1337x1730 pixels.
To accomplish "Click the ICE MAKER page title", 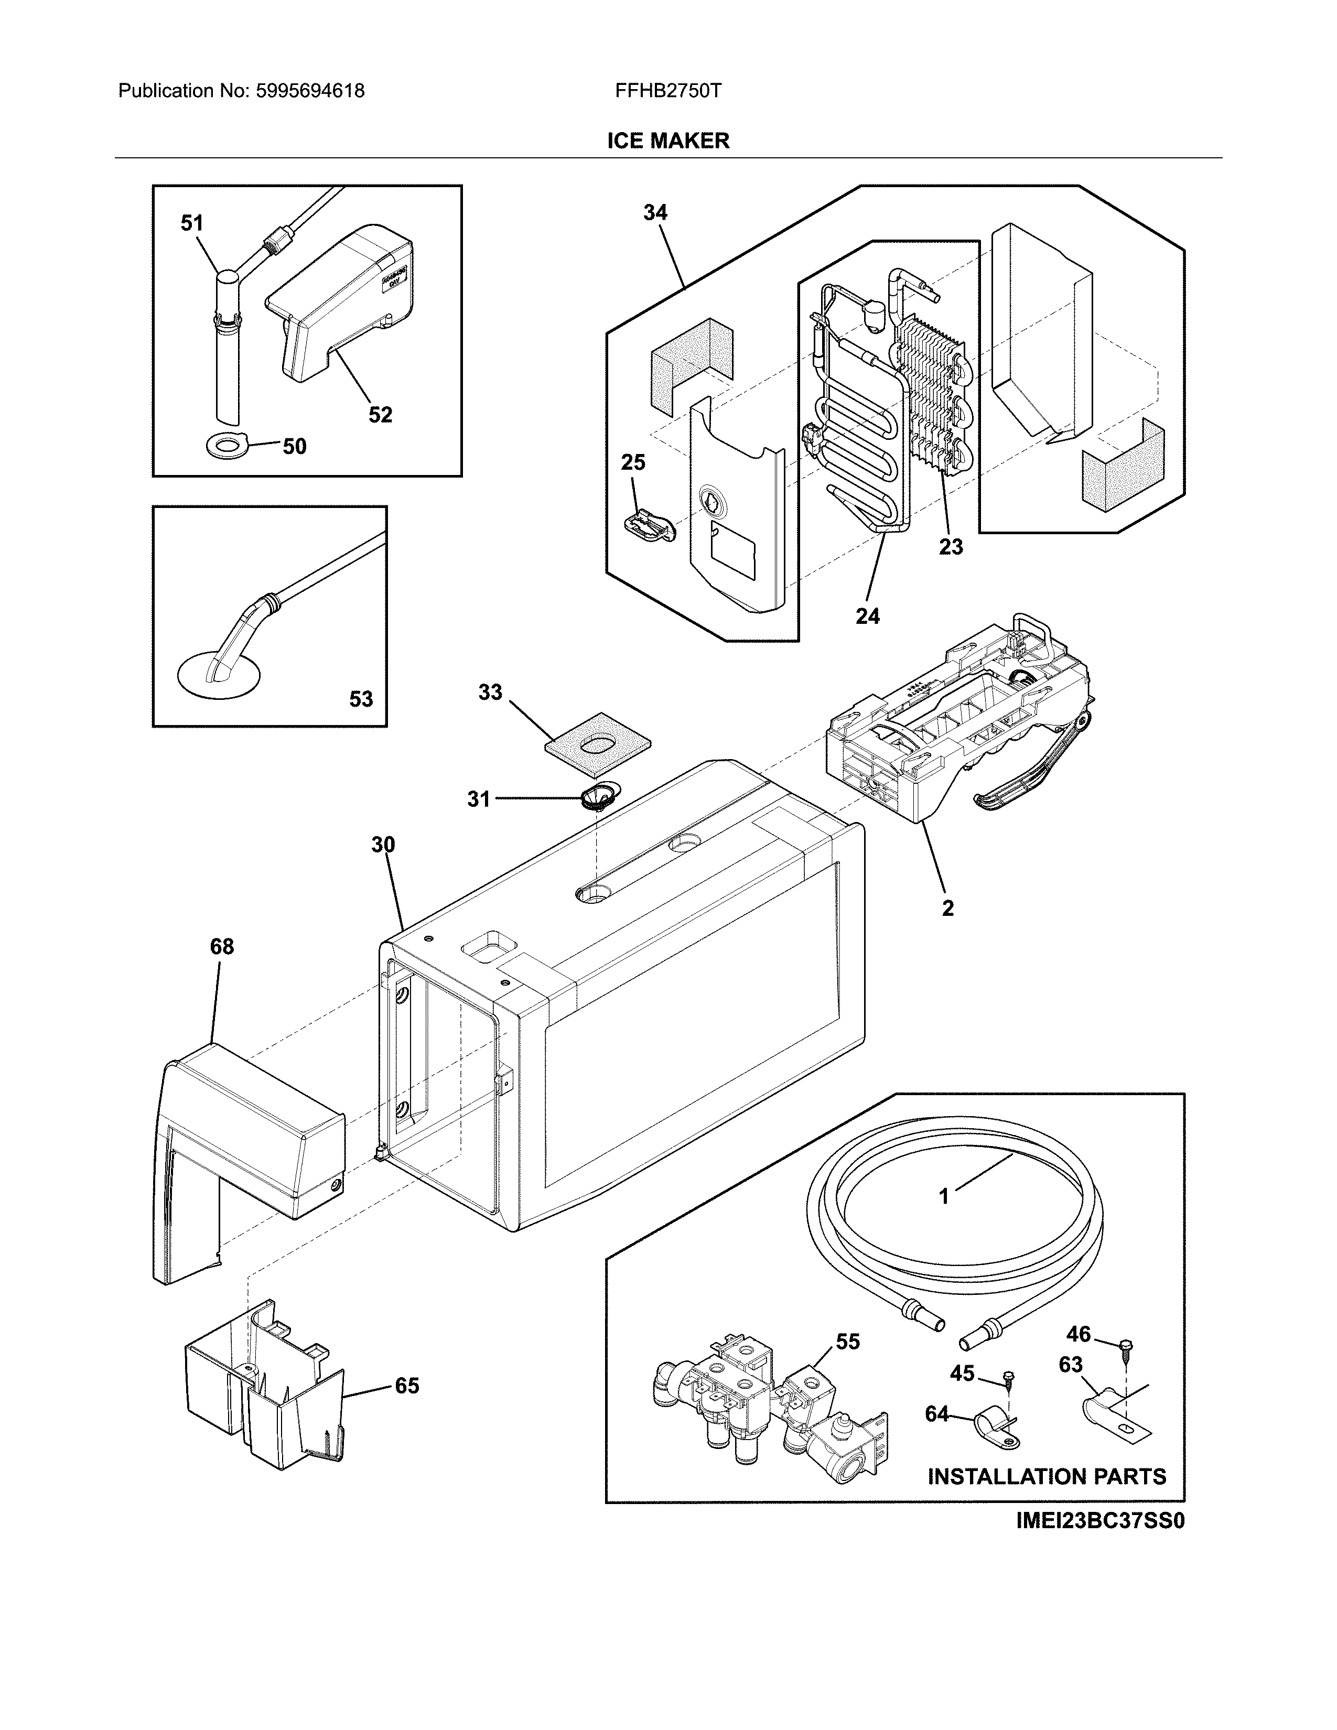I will tap(667, 141).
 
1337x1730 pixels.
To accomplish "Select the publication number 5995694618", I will tap(310, 91).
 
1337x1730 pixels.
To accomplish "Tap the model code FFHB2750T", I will tap(667, 91).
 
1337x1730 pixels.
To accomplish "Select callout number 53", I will tap(360, 699).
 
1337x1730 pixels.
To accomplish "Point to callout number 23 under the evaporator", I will tap(951, 547).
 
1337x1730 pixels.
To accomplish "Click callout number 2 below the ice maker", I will tap(947, 909).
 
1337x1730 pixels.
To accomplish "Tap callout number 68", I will tap(222, 947).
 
